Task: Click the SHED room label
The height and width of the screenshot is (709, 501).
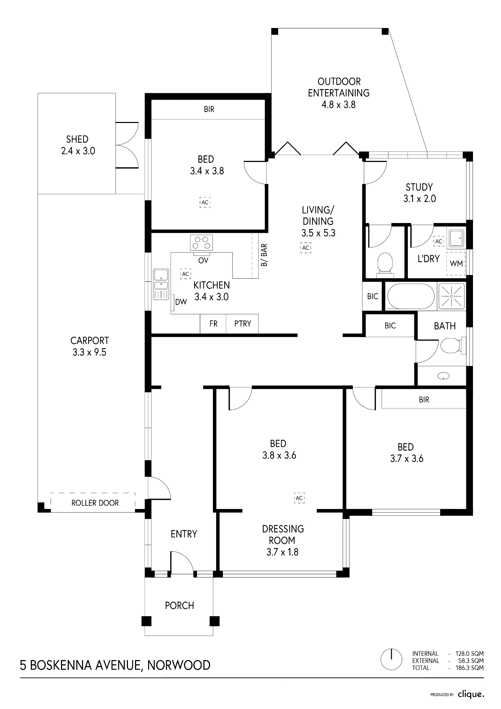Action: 77,139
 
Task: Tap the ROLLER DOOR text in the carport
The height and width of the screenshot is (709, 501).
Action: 95,503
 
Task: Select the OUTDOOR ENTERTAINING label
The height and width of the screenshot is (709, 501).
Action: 339,87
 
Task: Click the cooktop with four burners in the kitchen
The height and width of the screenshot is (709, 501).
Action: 201,243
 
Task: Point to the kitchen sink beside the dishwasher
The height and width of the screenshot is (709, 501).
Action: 161,284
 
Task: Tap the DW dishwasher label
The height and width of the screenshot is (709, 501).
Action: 181,302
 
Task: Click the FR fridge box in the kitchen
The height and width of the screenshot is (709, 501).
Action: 213,324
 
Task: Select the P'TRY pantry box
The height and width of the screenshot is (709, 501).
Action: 242,324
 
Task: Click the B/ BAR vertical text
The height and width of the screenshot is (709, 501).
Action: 264,255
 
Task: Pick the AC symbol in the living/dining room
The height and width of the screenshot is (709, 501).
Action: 305,248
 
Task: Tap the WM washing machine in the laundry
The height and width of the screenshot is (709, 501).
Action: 456,264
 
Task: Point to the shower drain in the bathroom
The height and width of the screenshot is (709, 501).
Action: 452,296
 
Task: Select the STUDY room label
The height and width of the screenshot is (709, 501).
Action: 419,187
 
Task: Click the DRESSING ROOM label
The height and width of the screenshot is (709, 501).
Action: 283,535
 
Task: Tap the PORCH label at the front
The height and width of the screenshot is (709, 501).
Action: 179,605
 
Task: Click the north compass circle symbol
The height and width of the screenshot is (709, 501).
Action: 391,659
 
